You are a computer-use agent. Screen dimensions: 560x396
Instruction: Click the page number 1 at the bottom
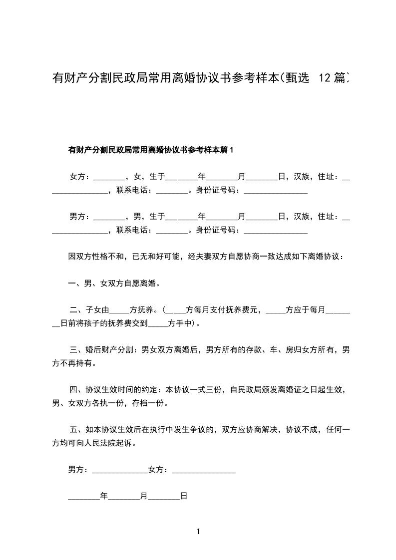pyautogui.click(x=198, y=532)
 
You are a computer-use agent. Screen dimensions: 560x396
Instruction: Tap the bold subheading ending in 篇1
pyautogui.click(x=151, y=150)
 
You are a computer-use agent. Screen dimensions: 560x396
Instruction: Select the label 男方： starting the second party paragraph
pyautogui.click(x=80, y=216)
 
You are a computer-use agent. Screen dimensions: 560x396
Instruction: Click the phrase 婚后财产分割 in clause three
pyautogui.click(x=109, y=350)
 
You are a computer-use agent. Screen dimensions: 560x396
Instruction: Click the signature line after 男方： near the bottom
pyautogui.click(x=120, y=471)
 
